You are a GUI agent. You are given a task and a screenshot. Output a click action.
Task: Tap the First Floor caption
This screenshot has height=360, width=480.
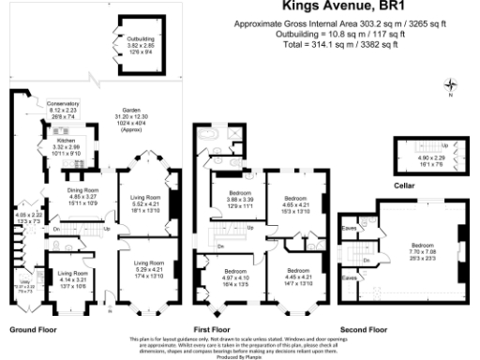point(212,330)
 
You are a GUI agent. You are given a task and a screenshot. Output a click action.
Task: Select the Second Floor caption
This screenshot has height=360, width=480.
point(364,330)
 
